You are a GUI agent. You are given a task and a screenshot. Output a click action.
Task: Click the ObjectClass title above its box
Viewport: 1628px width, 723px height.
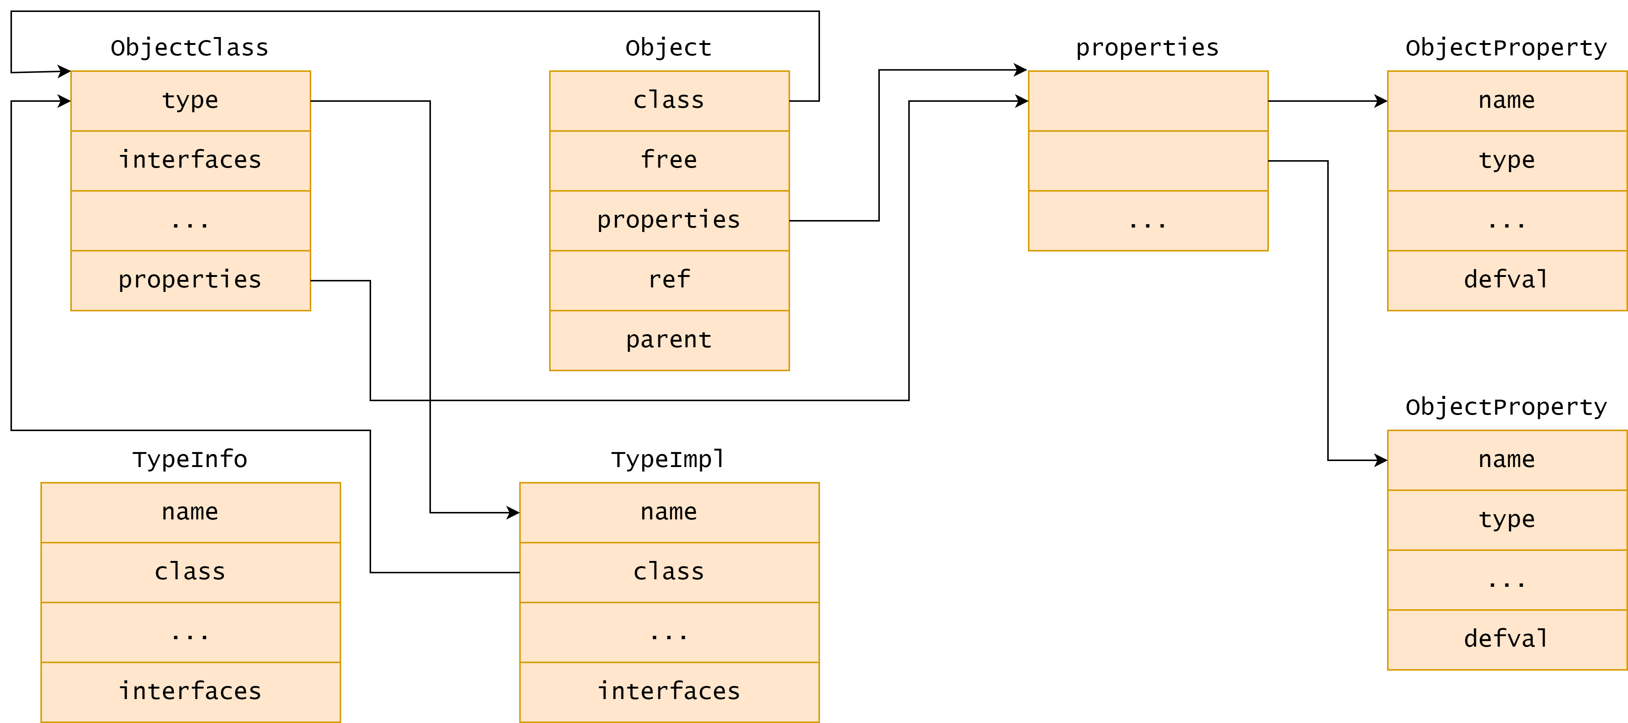pyautogui.click(x=190, y=48)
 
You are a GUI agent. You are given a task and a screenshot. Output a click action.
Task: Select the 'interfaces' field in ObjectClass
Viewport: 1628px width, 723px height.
pyautogui.click(x=191, y=161)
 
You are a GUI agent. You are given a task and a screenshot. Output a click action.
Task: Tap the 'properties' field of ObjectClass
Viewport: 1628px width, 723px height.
pyautogui.click(x=191, y=281)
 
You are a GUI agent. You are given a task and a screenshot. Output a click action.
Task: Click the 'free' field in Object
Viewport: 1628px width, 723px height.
pyautogui.click(x=669, y=161)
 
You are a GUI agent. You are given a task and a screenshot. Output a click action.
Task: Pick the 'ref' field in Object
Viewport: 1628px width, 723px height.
pyautogui.click(x=669, y=281)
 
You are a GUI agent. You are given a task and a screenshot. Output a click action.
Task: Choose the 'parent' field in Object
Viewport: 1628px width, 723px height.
pyautogui.click(x=669, y=341)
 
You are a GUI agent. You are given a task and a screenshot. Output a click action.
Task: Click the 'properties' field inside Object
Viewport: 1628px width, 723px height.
pyautogui.click(x=669, y=220)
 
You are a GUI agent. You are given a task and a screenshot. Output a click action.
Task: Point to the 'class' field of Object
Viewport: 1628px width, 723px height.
pyautogui.click(x=669, y=101)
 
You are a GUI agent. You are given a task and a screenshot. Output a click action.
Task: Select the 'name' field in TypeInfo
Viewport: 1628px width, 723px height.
pyautogui.click(x=191, y=513)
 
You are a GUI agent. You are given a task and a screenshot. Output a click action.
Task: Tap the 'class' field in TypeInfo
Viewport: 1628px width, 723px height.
pyautogui.click(x=191, y=573)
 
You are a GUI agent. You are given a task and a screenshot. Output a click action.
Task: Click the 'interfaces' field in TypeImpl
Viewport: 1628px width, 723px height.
pyautogui.click(x=669, y=692)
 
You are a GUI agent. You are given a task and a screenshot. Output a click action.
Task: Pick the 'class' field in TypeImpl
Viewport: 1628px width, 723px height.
pyautogui.click(x=669, y=573)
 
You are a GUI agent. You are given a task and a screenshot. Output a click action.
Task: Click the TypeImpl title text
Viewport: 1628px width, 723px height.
pyautogui.click(x=668, y=460)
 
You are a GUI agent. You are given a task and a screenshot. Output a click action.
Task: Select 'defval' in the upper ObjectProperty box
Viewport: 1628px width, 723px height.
pyautogui.click(x=1507, y=281)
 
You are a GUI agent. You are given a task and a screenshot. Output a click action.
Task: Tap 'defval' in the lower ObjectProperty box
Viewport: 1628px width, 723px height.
pyautogui.click(x=1507, y=640)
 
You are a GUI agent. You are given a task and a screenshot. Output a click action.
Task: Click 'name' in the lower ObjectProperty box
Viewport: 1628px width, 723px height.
pyautogui.click(x=1507, y=460)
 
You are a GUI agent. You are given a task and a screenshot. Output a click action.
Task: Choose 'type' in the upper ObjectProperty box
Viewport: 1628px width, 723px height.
pyautogui.click(x=1507, y=161)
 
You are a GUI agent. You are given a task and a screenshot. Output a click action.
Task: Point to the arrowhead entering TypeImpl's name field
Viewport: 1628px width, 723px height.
pyautogui.click(x=513, y=513)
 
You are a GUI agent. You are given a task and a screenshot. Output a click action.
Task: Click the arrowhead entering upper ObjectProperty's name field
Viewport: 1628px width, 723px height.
pyautogui.click(x=1381, y=101)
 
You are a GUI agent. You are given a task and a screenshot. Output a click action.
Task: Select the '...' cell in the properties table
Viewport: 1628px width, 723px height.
pyautogui.click(x=1148, y=220)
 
